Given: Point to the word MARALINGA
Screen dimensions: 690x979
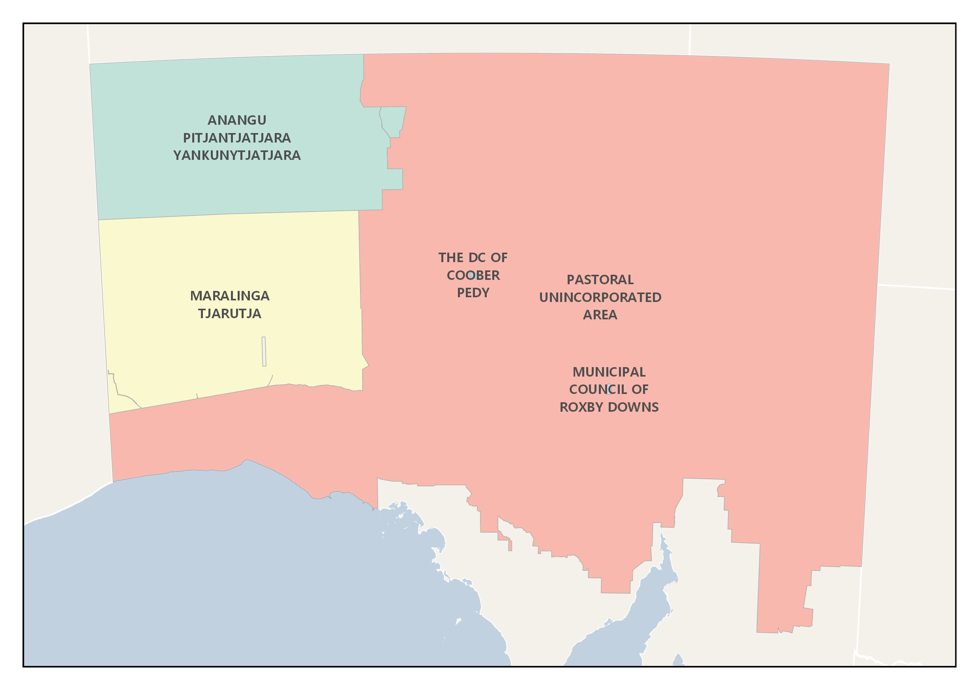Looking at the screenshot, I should click(229, 296).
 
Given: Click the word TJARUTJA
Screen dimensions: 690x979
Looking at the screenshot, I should click(229, 313).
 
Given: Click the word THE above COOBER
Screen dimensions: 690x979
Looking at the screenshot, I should click(451, 258).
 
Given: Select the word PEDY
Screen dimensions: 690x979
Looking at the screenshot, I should click(473, 292).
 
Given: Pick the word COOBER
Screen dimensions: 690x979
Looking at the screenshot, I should click(473, 276).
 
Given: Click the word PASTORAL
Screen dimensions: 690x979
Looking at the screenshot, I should click(600, 280).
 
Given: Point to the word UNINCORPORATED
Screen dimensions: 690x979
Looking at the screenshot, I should click(600, 297).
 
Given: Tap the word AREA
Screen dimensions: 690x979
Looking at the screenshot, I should click(600, 315).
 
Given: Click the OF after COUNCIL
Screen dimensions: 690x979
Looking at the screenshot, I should click(640, 389).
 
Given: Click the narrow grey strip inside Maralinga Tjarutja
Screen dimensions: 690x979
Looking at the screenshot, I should click(264, 351).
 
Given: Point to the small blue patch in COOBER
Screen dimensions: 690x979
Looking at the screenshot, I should click(473, 275).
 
